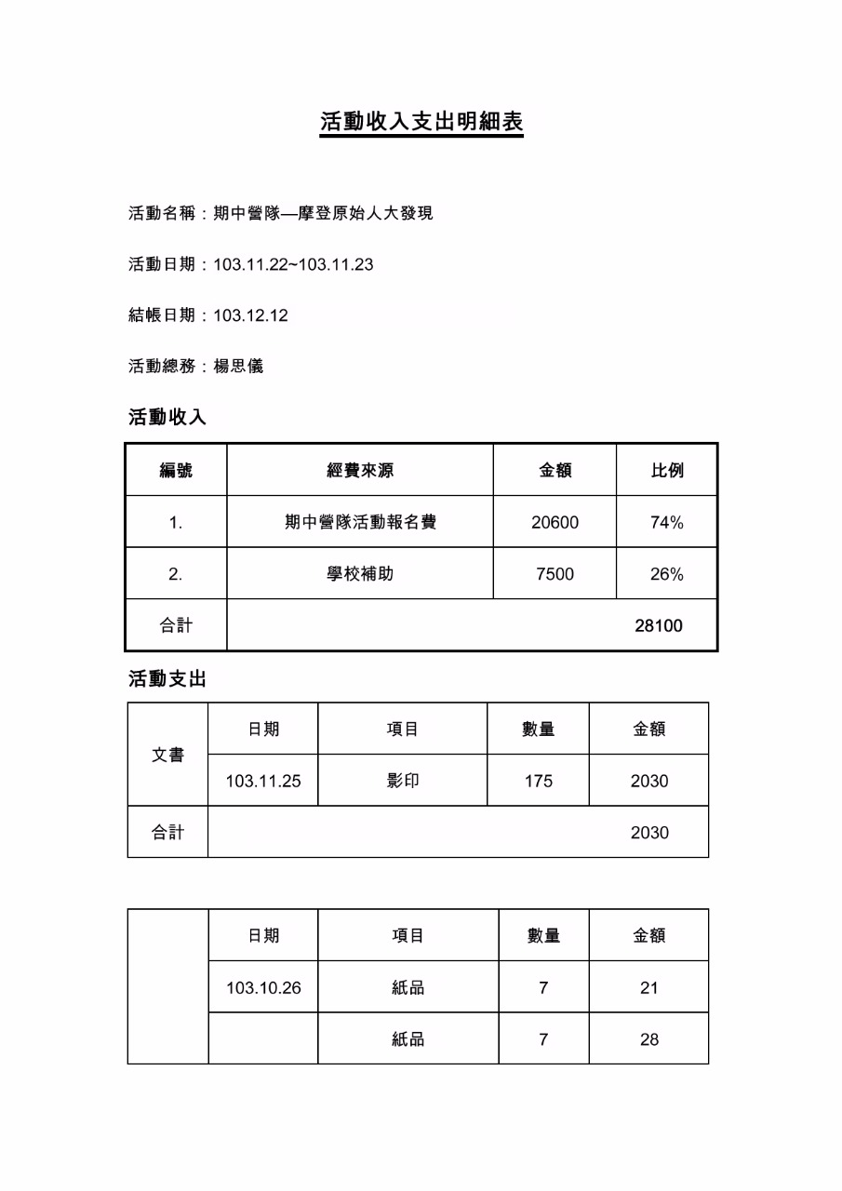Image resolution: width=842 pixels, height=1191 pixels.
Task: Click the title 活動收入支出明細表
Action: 421,122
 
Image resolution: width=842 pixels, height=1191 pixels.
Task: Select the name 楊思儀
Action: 238,366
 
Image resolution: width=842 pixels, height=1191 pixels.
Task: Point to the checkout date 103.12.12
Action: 250,315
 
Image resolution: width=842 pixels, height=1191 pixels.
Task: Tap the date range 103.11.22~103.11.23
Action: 293,264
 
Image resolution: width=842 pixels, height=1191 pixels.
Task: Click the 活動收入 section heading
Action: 167,417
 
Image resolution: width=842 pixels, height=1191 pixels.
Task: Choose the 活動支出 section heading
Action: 167,679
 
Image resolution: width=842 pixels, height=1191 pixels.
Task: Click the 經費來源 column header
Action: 360,470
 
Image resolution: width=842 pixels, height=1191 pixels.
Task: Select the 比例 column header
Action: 666,470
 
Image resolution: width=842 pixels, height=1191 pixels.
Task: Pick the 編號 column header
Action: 176,470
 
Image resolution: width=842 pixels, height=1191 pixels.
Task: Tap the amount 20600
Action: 555,522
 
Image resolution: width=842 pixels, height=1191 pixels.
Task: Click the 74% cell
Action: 666,522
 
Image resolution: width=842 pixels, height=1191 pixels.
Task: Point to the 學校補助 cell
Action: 360,574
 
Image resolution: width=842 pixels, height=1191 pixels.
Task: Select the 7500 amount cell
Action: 555,574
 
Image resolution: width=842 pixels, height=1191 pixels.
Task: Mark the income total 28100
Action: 658,625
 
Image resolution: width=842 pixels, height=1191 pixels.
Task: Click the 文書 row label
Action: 167,755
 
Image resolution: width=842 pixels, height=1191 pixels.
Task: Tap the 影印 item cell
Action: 403,781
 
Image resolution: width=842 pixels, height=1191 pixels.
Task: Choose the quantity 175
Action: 538,781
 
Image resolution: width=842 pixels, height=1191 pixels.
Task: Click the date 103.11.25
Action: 263,781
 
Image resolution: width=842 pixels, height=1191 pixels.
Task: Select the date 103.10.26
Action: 263,987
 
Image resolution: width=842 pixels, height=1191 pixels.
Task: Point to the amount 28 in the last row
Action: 648,1038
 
